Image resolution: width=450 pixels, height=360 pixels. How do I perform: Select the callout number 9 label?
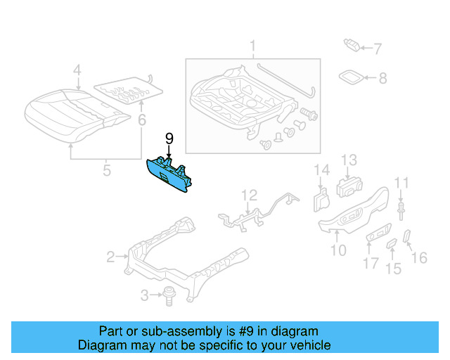169,139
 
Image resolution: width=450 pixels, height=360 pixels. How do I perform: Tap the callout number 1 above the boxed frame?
252,48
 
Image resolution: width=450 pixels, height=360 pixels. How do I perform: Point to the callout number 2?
110,257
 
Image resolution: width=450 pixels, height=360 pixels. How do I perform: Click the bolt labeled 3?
169,295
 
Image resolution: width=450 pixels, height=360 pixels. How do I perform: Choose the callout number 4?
77,70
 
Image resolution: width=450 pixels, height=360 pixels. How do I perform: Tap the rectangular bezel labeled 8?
349,77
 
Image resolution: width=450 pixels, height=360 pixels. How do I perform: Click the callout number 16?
419,258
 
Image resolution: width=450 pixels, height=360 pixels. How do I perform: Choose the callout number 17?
371,265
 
